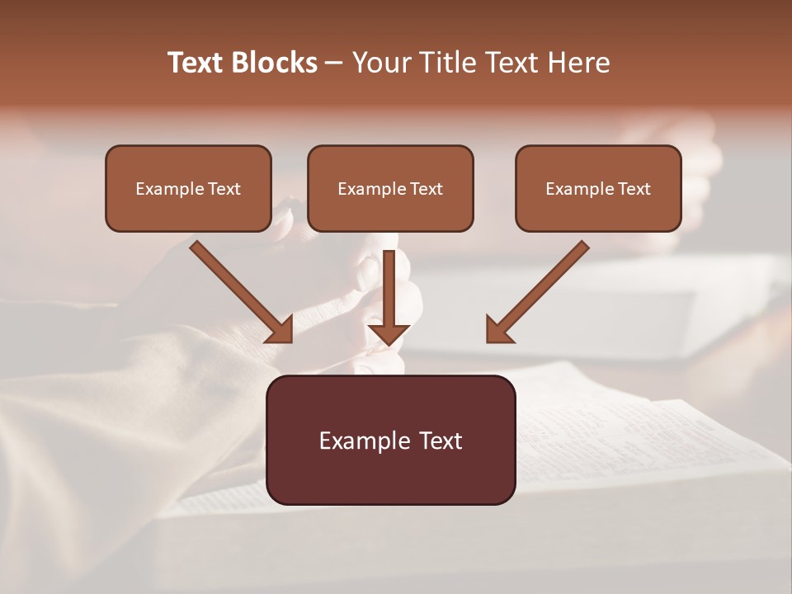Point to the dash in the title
(334, 64)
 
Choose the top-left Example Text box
(188, 188)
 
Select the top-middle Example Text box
(390, 188)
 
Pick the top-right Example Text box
(598, 188)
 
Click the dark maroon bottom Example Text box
(390, 440)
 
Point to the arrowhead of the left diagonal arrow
(280, 330)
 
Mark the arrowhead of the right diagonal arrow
(498, 330)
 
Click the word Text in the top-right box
(634, 189)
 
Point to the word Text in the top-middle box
(427, 189)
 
